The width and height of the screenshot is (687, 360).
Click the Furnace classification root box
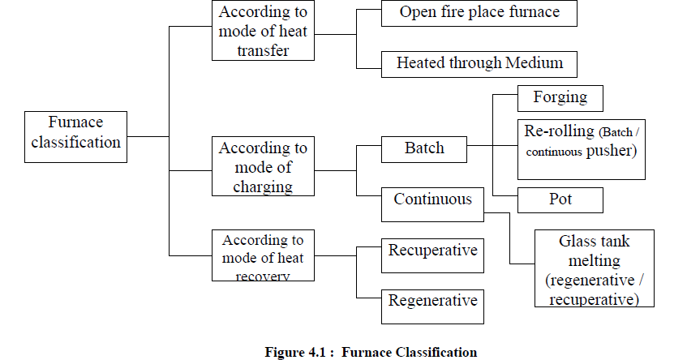tap(75, 133)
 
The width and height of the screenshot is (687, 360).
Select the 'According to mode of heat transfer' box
tap(263, 31)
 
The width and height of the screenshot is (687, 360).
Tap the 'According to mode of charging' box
tap(263, 167)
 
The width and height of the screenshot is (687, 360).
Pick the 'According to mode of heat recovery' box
tap(263, 257)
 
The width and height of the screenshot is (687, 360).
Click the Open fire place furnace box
tap(479, 14)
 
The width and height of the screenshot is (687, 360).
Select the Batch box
tap(424, 148)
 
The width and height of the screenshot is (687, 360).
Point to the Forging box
tap(560, 98)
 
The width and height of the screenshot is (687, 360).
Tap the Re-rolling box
tap(581, 148)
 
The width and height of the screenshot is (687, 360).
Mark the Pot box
tap(560, 199)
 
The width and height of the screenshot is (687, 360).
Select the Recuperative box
tap(432, 251)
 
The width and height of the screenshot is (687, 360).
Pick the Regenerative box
tap(432, 302)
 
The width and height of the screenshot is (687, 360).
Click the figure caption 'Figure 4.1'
tap(371, 352)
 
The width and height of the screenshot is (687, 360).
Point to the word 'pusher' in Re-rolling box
tap(610, 151)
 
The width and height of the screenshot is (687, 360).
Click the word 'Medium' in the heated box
tap(536, 63)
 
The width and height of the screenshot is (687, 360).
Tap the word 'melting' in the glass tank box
tap(594, 261)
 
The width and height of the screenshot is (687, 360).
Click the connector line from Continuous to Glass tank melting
tap(509, 239)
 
